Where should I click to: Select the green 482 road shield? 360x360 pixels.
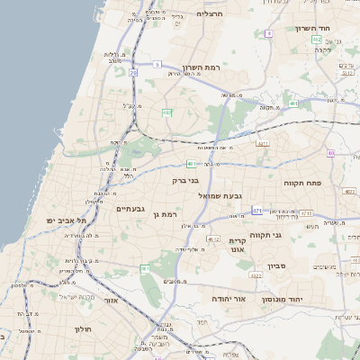tap(167, 112)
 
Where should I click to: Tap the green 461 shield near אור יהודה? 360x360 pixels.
tap(145, 269)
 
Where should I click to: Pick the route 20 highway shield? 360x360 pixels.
tap(133, 72)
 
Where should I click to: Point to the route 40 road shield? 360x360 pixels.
tap(331, 154)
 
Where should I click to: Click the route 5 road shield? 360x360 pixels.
tap(156, 64)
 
